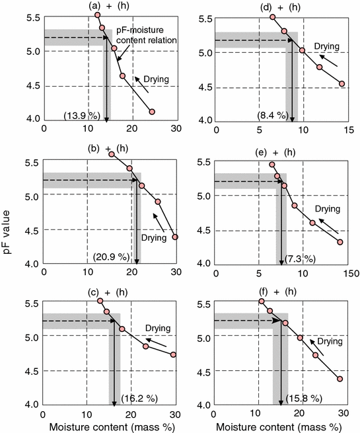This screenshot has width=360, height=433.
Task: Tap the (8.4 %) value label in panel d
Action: tap(272, 116)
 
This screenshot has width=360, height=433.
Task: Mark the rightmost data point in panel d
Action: tap(342, 83)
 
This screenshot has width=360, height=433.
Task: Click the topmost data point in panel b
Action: tap(112, 154)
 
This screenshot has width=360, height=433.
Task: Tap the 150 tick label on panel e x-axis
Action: tap(345, 272)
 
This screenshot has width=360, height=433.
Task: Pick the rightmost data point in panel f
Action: tap(340, 379)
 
